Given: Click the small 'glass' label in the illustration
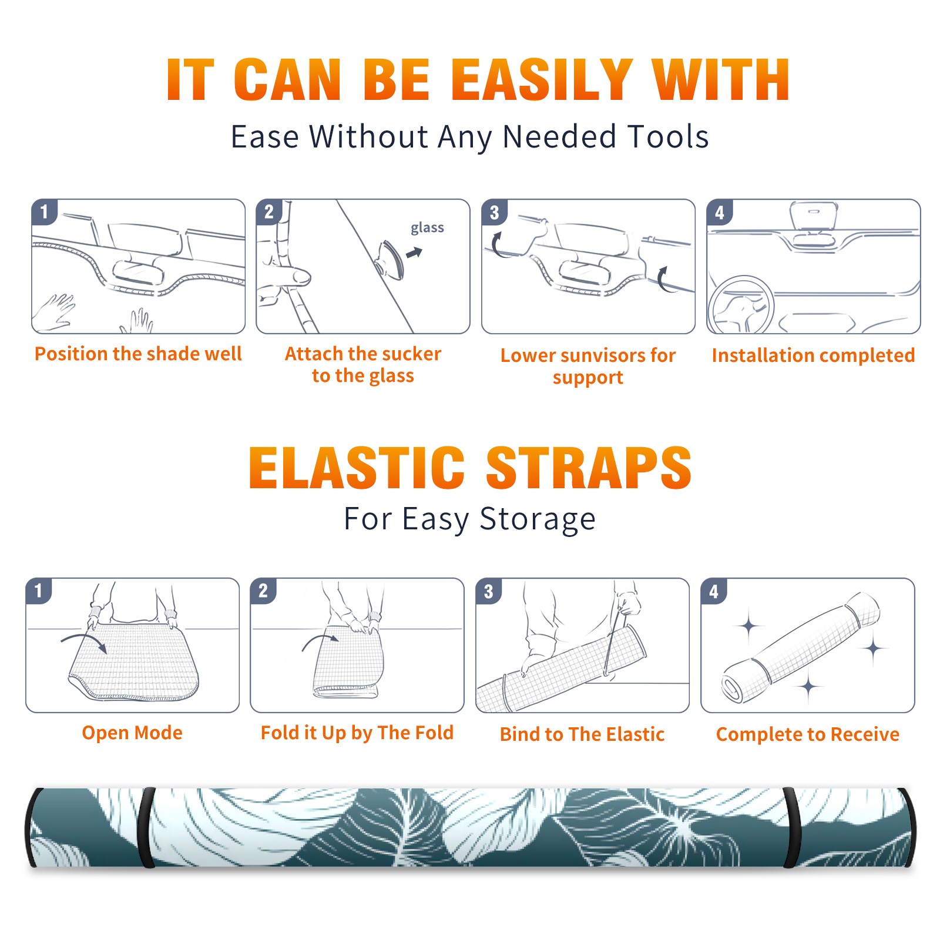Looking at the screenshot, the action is pos(427,228).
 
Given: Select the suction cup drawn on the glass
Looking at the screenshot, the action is pos(390,259).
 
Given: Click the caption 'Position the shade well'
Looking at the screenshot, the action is pos(138,354).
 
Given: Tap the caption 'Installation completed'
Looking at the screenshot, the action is pos(813,355).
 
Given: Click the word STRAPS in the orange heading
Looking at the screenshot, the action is pos(589,468).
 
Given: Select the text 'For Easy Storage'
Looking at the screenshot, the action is pos(470,519).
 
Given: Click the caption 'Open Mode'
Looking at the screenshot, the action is pos(132,733).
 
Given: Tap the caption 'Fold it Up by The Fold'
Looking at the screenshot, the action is pos(357,733).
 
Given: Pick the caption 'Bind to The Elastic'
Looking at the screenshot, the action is pos(582,734).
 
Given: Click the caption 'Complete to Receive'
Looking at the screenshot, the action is pos(808,734).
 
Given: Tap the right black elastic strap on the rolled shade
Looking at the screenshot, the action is pos(792,828).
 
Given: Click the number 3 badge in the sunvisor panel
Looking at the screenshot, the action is pos(495,212).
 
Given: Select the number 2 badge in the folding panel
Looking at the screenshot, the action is pos(263,590).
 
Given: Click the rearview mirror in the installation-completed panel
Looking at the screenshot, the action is pos(814,216).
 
